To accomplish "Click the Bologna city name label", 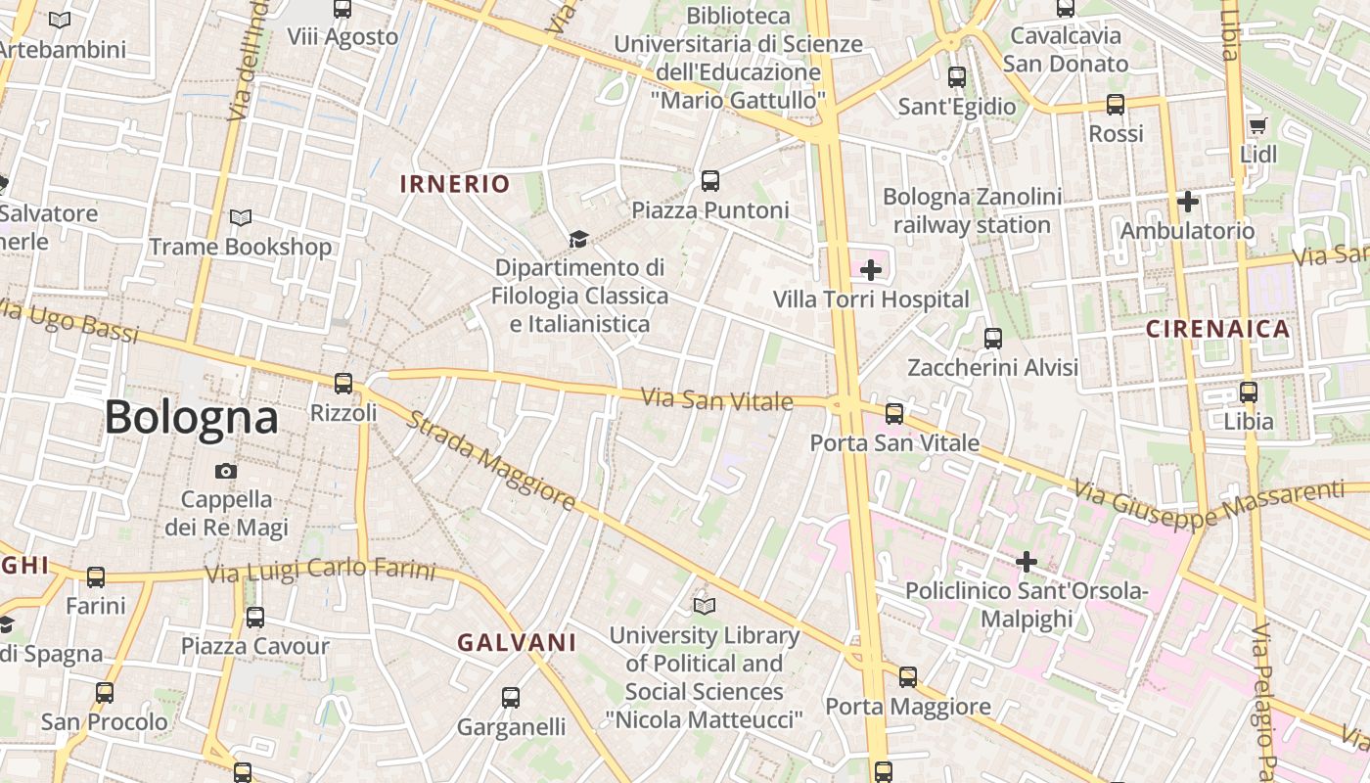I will pyautogui.click(x=191, y=418).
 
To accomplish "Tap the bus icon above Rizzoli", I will pyautogui.click(x=343, y=384).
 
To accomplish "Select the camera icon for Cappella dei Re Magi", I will pyautogui.click(x=226, y=471).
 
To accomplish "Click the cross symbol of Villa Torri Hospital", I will pyautogui.click(x=870, y=270).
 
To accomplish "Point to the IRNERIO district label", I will pyautogui.click(x=455, y=184).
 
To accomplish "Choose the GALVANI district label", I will pyautogui.click(x=517, y=642).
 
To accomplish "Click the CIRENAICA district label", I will pyautogui.click(x=1217, y=329).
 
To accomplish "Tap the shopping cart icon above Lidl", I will pyautogui.click(x=1257, y=125).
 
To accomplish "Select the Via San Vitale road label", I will pyautogui.click(x=716, y=399).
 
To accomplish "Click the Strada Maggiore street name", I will pyautogui.click(x=490, y=460).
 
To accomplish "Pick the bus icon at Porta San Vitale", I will pyautogui.click(x=893, y=414).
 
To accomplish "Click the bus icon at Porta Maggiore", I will pyautogui.click(x=908, y=676).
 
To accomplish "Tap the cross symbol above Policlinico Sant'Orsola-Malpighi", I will pyautogui.click(x=1026, y=562).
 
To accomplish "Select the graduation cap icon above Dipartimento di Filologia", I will pyautogui.click(x=578, y=239).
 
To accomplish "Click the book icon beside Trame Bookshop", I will pyautogui.click(x=240, y=217).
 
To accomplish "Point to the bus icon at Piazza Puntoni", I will pyautogui.click(x=709, y=181).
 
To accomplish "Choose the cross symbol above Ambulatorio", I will pyautogui.click(x=1187, y=202).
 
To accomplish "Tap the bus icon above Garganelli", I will pyautogui.click(x=511, y=698).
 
